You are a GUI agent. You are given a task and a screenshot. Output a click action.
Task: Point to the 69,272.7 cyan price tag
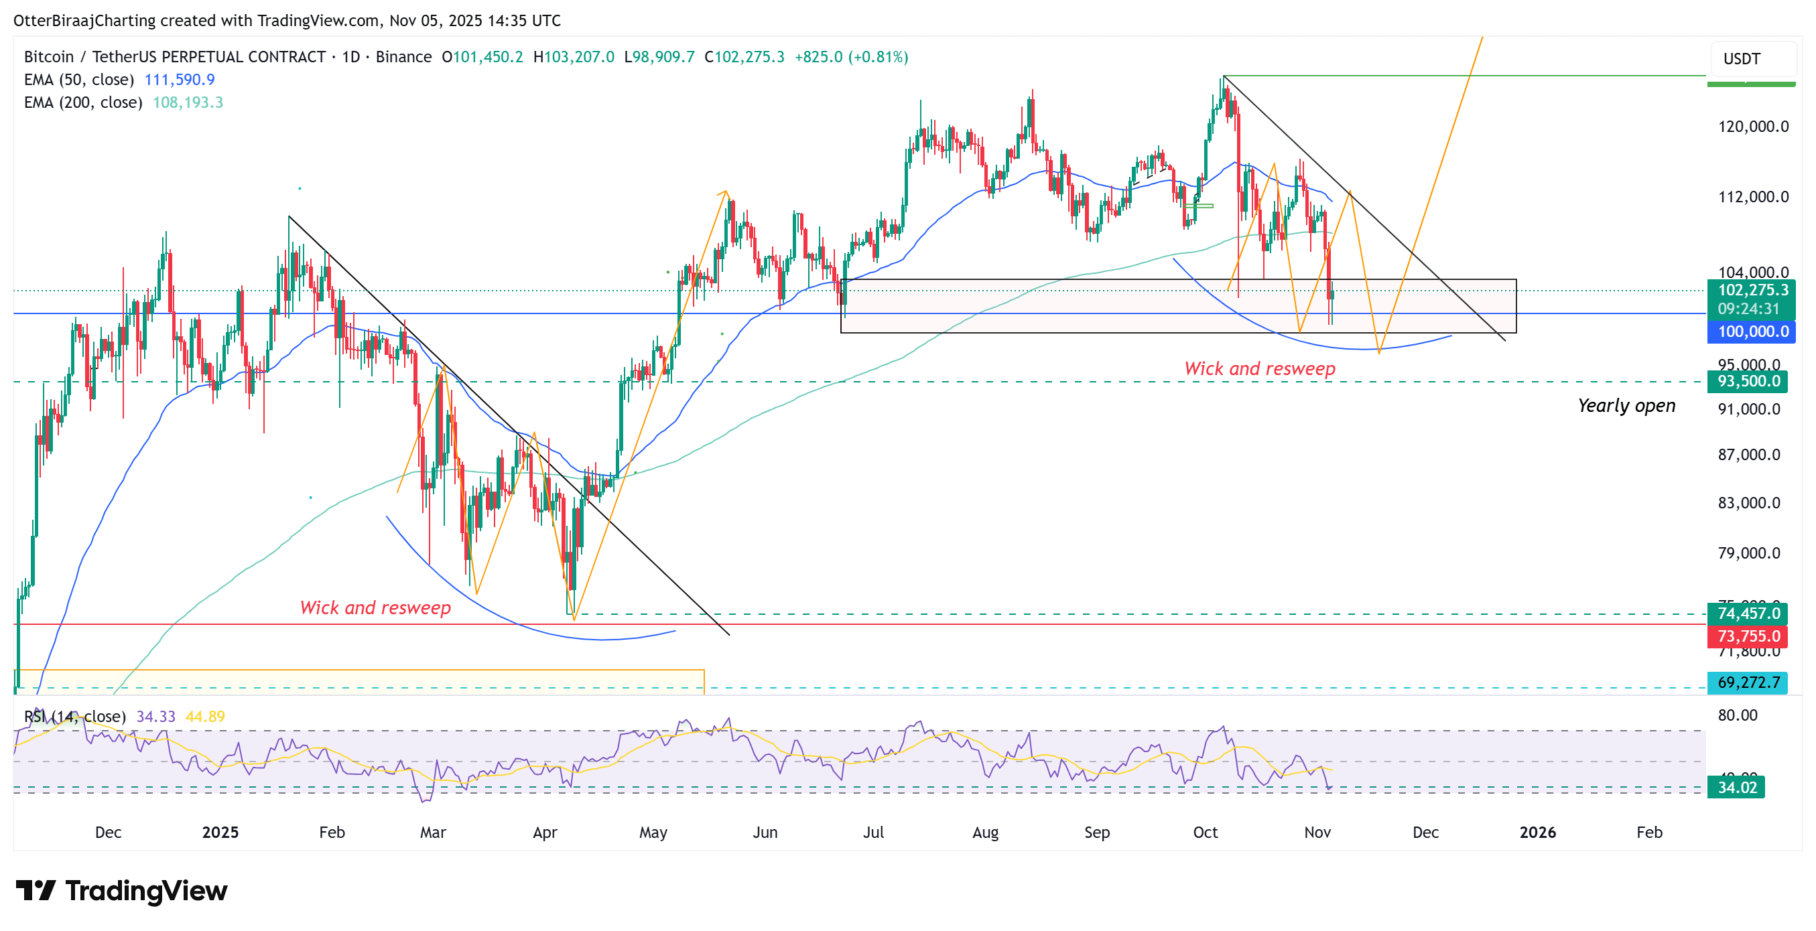(x=1747, y=683)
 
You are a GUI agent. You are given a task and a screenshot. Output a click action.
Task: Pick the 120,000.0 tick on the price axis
(x=1752, y=127)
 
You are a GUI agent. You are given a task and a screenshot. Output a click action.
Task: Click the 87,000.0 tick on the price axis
(x=1748, y=455)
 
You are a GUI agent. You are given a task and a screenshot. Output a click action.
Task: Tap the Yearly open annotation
(x=1626, y=406)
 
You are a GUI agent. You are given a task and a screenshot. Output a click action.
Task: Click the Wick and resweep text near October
(x=1259, y=368)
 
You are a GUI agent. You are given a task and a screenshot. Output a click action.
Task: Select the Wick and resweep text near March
(x=375, y=607)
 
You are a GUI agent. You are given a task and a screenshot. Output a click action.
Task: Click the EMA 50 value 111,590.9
(x=179, y=80)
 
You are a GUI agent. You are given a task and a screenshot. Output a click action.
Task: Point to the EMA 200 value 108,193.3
(x=188, y=103)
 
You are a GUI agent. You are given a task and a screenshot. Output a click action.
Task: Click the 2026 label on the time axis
(x=1537, y=833)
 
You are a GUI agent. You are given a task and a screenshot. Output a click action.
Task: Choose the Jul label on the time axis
(x=872, y=833)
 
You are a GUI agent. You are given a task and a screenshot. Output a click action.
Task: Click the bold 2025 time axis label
(x=220, y=833)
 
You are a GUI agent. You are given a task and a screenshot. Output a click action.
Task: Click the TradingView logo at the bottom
(x=121, y=891)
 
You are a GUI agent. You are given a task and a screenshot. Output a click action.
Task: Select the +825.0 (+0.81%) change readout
(x=851, y=57)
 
